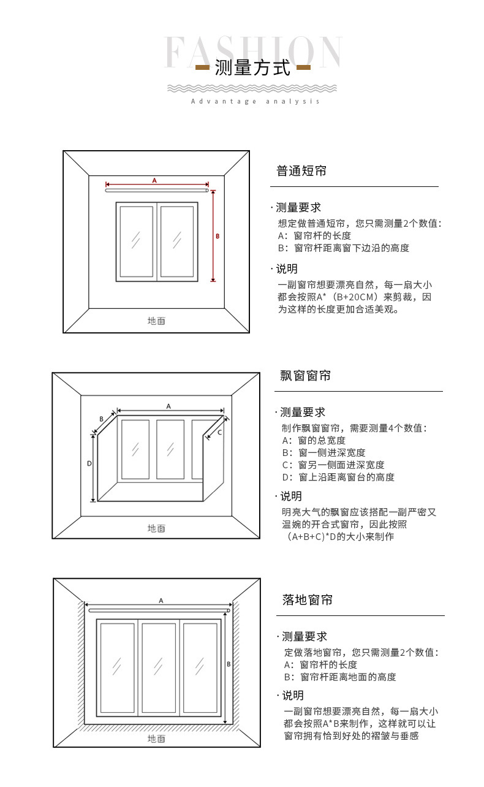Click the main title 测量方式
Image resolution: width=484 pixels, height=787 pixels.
252,67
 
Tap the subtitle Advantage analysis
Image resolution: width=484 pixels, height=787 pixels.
255,101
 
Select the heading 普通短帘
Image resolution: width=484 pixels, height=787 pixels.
301,171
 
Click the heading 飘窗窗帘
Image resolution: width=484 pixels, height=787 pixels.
306,376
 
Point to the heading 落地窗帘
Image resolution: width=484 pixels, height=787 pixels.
308,600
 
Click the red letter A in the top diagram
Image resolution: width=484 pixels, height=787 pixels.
154,180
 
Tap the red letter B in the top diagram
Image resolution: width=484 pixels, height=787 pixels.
217,235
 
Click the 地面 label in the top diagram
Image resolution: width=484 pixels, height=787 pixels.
156,321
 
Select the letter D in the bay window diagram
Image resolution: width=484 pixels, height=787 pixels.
89,464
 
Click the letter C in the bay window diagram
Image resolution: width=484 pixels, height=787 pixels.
220,432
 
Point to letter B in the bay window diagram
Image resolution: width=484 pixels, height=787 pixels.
101,419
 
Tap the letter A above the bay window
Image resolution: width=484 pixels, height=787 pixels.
168,406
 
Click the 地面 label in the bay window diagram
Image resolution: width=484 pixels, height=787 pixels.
156,528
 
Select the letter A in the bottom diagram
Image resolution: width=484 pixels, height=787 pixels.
161,601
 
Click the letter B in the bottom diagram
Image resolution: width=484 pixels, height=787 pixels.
229,664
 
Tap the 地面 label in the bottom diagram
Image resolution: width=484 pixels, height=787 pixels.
156,739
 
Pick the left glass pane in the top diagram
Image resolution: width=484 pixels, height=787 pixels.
136,241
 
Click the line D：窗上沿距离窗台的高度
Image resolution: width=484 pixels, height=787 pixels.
338,477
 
